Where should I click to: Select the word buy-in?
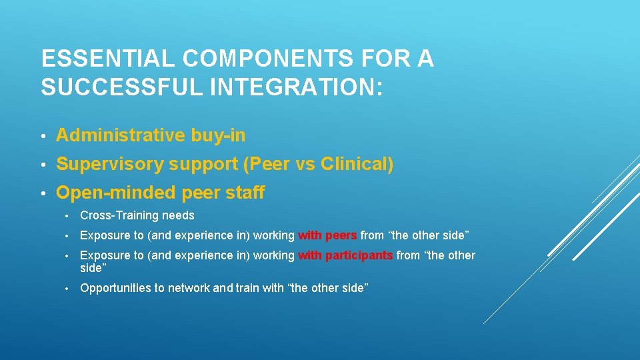(x=218, y=135)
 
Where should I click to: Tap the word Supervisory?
(x=110, y=164)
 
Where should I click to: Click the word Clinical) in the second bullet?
(x=357, y=164)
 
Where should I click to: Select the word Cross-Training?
(x=119, y=215)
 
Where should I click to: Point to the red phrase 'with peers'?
(x=327, y=235)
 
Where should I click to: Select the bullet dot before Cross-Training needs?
(x=67, y=216)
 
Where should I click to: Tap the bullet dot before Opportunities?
(x=67, y=289)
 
